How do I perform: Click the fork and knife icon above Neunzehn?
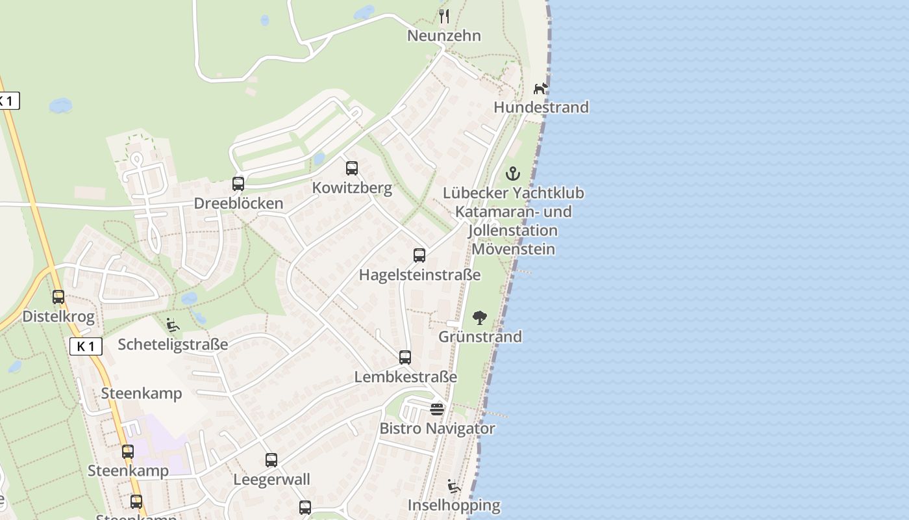coord(444,16)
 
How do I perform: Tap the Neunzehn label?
coord(444,36)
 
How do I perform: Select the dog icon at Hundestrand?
coord(541,88)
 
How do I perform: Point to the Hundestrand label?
coord(541,107)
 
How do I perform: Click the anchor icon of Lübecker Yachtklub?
coord(513,174)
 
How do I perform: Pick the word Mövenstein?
coord(513,249)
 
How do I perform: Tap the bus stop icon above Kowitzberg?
coord(352,168)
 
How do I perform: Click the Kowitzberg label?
coord(352,188)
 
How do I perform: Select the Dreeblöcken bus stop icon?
coord(238,184)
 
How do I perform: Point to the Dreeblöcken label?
coord(238,203)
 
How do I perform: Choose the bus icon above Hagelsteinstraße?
coord(419,255)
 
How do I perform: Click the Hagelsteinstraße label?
coord(419,275)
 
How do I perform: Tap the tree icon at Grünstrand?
coord(480,318)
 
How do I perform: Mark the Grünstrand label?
coord(480,337)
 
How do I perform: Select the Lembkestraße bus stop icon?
coord(405,357)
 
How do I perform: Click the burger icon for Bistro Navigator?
coord(437,409)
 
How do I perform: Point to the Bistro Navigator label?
coord(437,429)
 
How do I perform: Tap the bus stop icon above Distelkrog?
coord(58,297)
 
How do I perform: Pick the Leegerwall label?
coord(271,480)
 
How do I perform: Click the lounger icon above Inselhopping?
coord(454,486)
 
